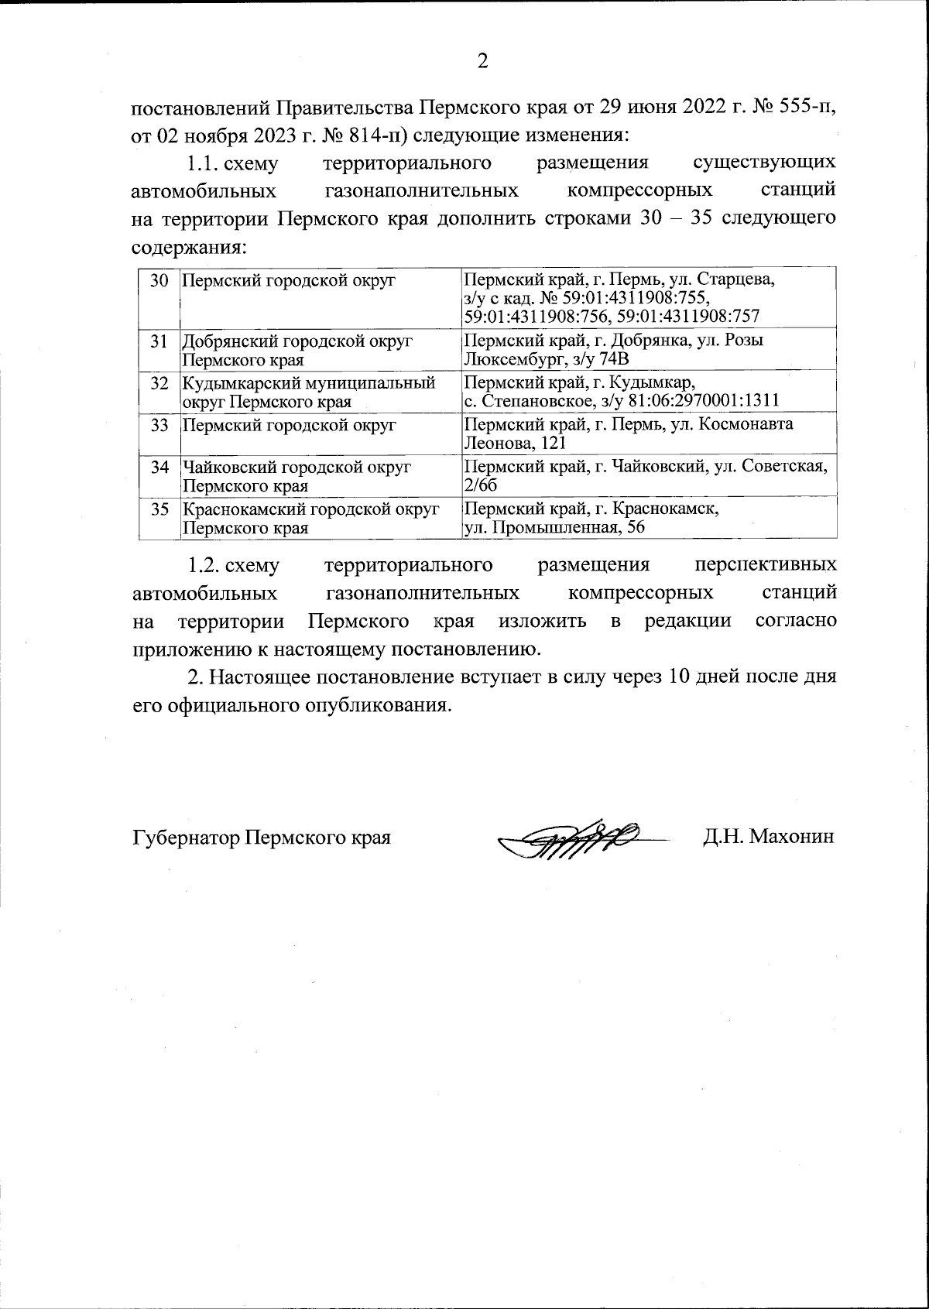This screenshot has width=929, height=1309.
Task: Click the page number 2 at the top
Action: click(482, 61)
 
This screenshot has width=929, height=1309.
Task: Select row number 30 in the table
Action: click(159, 280)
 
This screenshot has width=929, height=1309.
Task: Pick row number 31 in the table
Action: click(159, 341)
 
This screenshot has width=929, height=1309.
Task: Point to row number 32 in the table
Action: click(159, 382)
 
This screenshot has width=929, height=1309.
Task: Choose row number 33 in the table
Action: click(159, 425)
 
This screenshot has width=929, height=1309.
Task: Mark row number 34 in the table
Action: click(159, 467)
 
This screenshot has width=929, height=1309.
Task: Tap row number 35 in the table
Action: click(159, 509)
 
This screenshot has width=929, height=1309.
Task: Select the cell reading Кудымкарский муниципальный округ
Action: click(308, 392)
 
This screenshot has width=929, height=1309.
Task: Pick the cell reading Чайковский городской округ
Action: click(296, 476)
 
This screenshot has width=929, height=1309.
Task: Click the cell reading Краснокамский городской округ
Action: click(310, 519)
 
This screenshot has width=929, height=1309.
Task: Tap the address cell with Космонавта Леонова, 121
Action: click(628, 433)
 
